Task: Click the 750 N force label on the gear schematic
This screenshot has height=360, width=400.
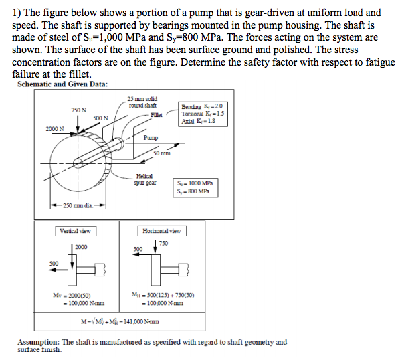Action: point(78,110)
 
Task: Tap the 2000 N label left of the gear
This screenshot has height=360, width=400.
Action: point(55,128)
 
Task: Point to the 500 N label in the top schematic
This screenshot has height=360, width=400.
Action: point(101,118)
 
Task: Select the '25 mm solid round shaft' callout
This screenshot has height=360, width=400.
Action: point(142,102)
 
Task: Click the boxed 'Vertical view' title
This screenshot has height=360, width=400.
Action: point(75,231)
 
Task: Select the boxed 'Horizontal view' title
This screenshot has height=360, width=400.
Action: point(161,231)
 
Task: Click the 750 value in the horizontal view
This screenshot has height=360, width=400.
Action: point(163,244)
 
